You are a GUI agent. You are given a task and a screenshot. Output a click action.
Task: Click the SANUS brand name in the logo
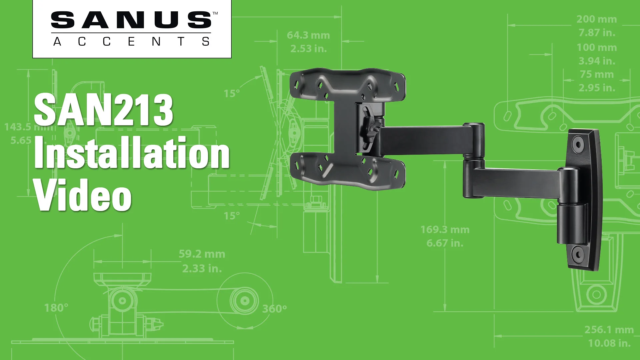tap(131, 20)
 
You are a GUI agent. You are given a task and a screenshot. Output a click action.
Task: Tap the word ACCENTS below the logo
tap(131, 42)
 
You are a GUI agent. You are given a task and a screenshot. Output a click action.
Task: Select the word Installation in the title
tap(132, 153)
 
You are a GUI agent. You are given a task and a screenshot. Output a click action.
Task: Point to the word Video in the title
tap(83, 195)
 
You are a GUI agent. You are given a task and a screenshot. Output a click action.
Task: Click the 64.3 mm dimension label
tap(308, 35)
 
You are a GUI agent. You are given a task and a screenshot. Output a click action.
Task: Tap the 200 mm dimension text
tap(597, 19)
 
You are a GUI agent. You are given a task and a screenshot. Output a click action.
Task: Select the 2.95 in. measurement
tap(597, 88)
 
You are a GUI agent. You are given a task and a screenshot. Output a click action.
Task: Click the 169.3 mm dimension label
tap(445, 230)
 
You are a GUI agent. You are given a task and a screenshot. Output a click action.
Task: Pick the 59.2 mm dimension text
tap(202, 254)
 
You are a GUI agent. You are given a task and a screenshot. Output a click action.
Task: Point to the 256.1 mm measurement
tap(609, 330)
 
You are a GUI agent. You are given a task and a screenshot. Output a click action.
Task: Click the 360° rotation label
tap(274, 309)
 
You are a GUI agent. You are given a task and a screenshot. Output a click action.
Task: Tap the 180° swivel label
tap(56, 307)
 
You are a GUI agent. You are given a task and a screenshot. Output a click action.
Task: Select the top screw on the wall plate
tap(578, 145)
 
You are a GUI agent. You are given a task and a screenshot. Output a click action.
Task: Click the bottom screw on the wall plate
tap(578, 255)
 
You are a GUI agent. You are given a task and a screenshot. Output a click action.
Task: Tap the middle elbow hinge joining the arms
tap(473, 160)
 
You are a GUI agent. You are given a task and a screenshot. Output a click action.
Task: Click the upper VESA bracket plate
tap(348, 85)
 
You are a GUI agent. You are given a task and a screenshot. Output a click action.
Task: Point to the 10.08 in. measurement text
tap(609, 343)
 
